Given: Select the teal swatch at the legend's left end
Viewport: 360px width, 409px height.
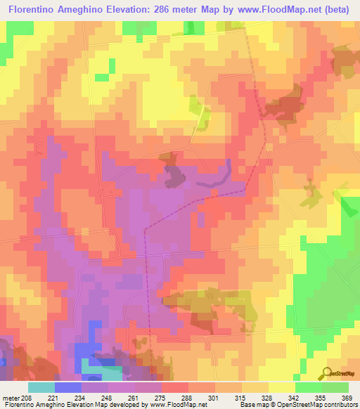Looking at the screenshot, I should pyautogui.click(x=41, y=387).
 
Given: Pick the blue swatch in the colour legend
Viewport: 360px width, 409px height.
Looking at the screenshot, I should pyautogui.click(x=68, y=387).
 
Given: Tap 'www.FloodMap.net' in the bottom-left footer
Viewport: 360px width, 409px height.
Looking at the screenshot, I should pyautogui.click(x=176, y=405).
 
